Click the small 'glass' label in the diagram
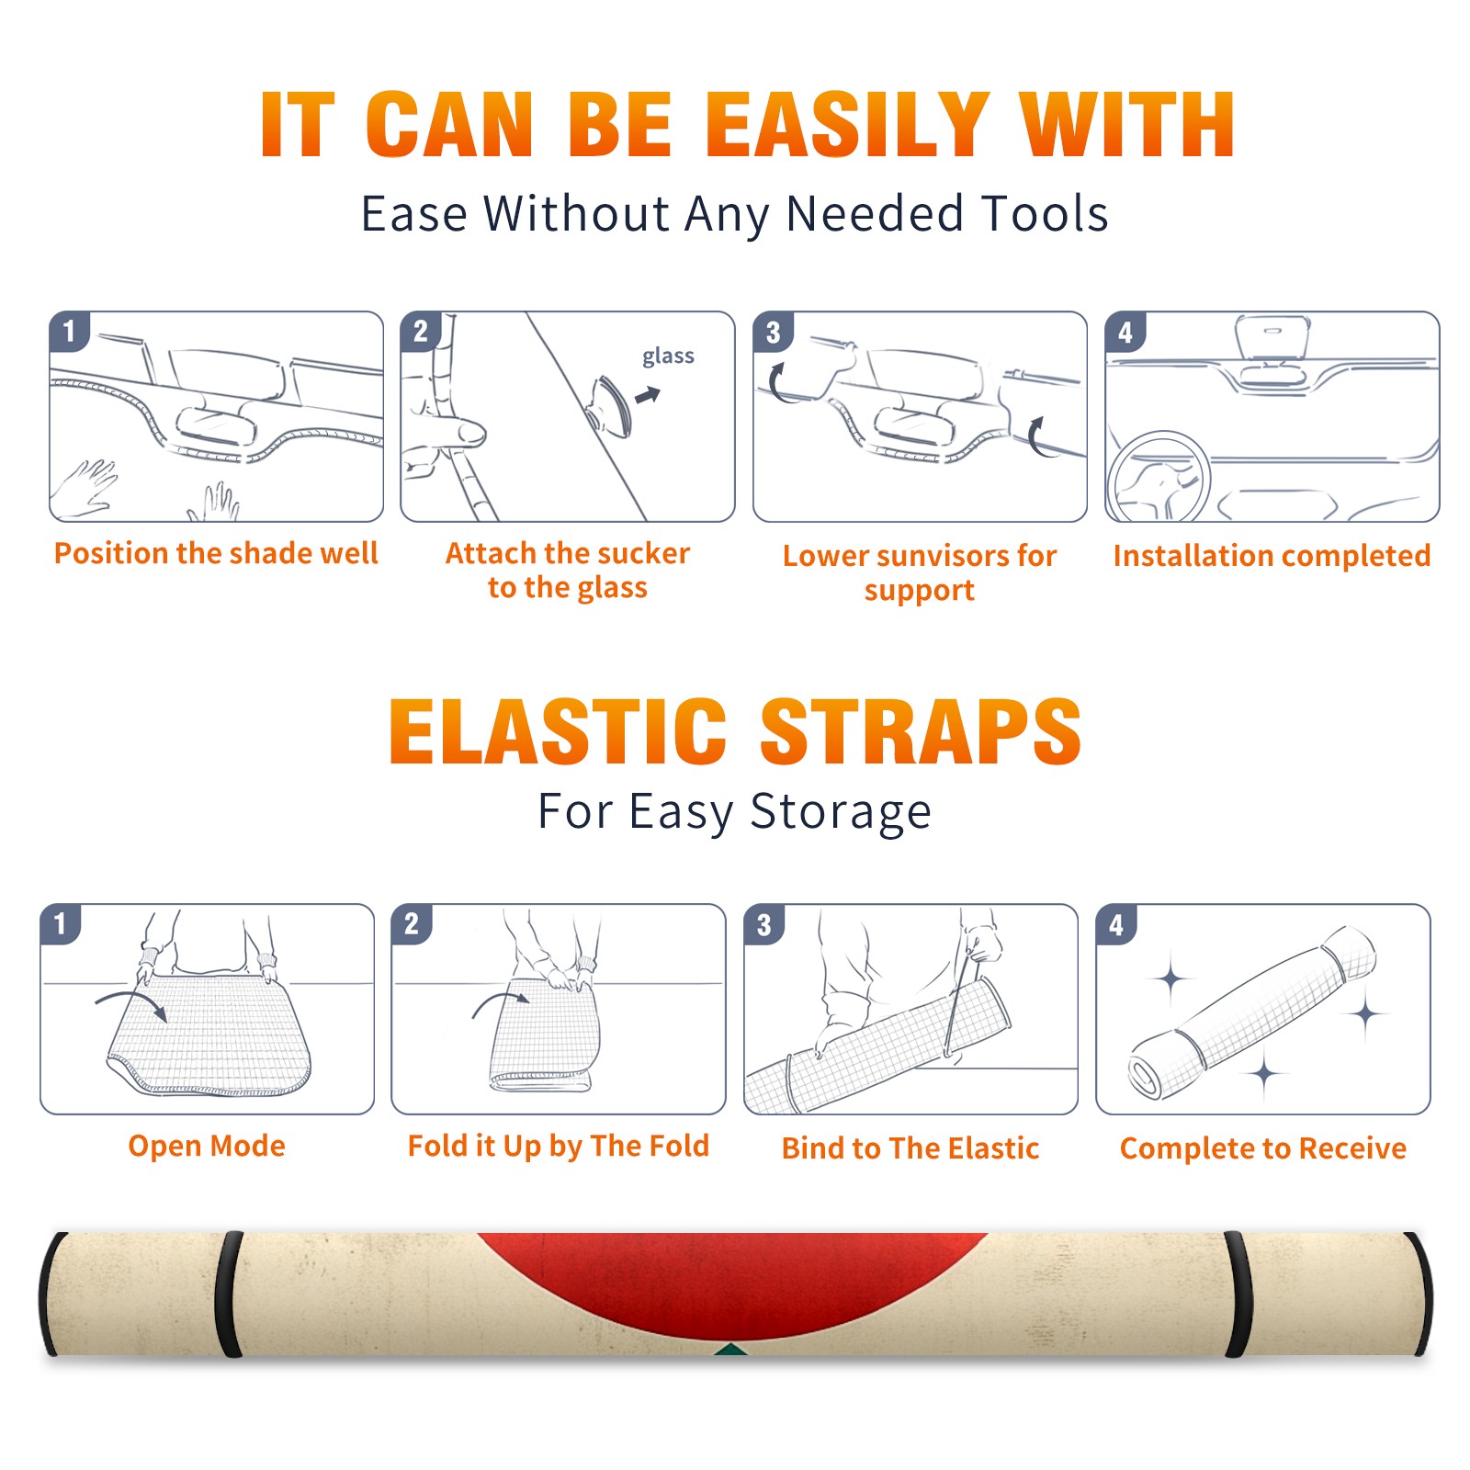(668, 356)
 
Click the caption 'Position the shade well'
(216, 553)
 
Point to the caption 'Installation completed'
(1272, 555)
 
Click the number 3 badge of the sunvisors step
(773, 333)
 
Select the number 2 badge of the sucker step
(421, 331)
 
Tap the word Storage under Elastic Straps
(841, 812)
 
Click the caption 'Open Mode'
(207, 1146)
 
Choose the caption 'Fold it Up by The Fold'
(559, 1146)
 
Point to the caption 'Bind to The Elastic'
(910, 1148)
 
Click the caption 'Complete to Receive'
(1263, 1148)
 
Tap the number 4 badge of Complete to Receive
(1116, 924)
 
